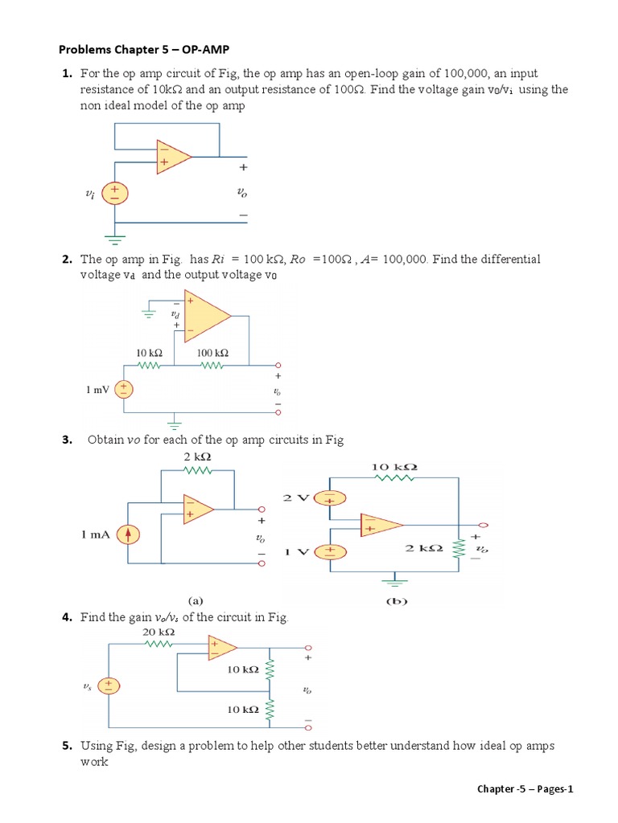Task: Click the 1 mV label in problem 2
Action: click(98, 390)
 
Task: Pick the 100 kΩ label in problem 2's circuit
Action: click(212, 353)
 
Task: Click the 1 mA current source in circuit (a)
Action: click(127, 534)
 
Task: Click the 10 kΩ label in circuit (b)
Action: click(394, 467)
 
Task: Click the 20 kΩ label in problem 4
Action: click(159, 632)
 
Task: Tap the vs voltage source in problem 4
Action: click(109, 686)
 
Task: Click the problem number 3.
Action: click(66, 440)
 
